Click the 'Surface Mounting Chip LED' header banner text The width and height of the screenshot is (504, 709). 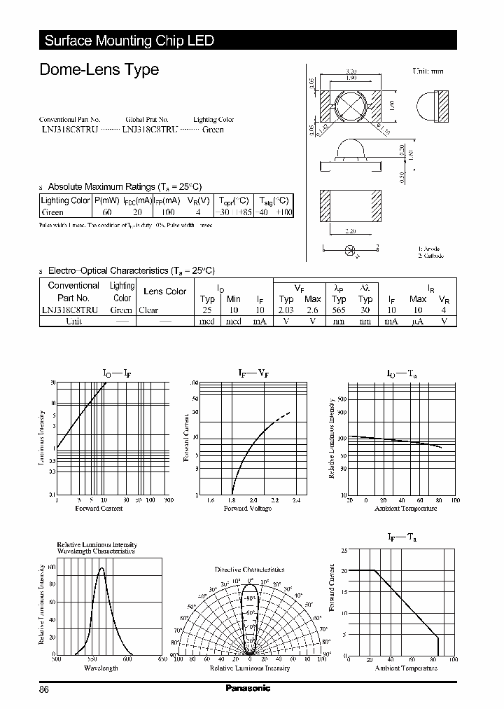click(129, 41)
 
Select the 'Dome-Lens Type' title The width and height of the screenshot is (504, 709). click(99, 70)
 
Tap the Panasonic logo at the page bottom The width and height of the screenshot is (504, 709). click(248, 689)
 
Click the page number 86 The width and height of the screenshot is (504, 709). click(44, 689)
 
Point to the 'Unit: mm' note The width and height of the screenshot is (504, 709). click(427, 71)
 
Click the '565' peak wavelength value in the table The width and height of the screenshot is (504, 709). click(339, 310)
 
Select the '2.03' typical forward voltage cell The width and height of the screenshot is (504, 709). click(285, 310)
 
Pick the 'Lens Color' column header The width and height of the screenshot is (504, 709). click(164, 291)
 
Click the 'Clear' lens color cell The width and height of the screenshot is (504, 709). click(148, 310)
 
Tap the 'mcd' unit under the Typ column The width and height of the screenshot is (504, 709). click(207, 321)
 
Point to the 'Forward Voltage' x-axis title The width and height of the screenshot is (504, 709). click(247, 508)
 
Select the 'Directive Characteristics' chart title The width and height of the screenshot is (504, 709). click(249, 570)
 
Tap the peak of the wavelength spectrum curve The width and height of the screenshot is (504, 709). click(101, 567)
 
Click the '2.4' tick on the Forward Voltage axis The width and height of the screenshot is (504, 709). click(295, 500)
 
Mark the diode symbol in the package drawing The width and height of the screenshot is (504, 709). click(350, 249)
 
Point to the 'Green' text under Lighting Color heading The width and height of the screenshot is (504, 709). click(213, 130)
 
